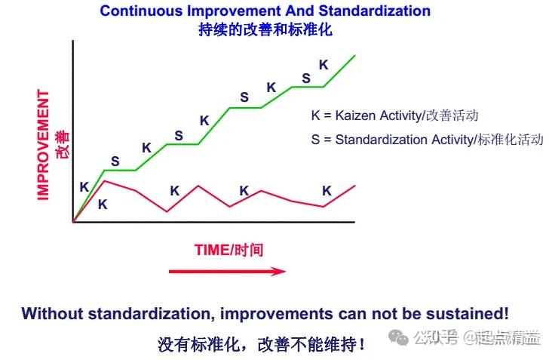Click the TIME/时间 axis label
pyautogui.click(x=228, y=250)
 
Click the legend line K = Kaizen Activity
pyautogui.click(x=394, y=116)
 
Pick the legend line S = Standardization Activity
pyautogui.click(x=427, y=140)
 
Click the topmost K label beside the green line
pyautogui.click(x=323, y=65)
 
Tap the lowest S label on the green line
pyautogui.click(x=115, y=161)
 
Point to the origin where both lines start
pyautogui.click(x=73, y=222)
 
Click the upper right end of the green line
pyautogui.click(x=354, y=55)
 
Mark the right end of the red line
pyautogui.click(x=354, y=185)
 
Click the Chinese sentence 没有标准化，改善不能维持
pyautogui.click(x=262, y=344)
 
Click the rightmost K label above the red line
pyautogui.click(x=327, y=190)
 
